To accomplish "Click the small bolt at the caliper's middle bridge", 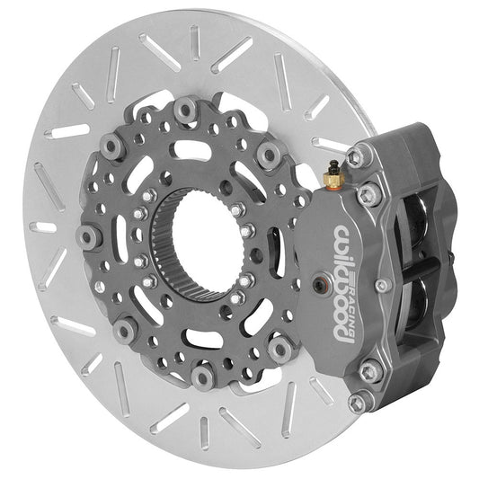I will click(x=384, y=286).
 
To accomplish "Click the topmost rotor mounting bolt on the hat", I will click(x=186, y=109).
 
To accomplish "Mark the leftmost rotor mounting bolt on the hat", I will click(x=86, y=237).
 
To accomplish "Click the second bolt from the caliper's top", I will click(x=368, y=193).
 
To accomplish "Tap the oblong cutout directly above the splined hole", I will click(x=189, y=148).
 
